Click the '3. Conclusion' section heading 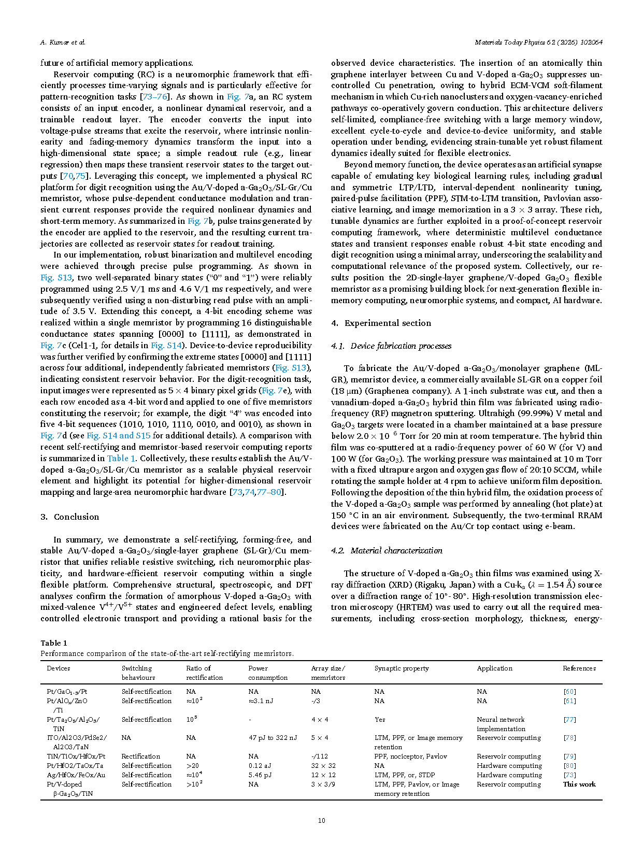click(69, 517)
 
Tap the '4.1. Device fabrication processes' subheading click(391, 346)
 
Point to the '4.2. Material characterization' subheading click(387, 551)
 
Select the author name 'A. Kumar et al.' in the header click(63, 42)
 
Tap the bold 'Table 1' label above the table click(54, 643)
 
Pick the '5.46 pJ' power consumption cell click(260, 775)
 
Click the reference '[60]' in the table click(569, 692)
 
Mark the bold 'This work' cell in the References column click(579, 784)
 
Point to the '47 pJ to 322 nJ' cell click(273, 738)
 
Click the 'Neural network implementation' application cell click(501, 724)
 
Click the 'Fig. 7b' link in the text click(198, 221)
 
